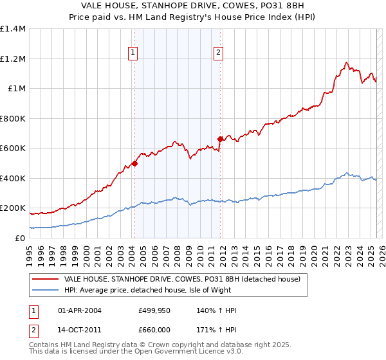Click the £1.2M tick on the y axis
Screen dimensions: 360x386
(13, 59)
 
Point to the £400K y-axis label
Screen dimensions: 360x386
(13, 178)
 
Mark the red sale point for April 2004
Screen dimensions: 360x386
(134, 163)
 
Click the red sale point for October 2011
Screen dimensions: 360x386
(220, 139)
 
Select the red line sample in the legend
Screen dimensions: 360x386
(45, 279)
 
